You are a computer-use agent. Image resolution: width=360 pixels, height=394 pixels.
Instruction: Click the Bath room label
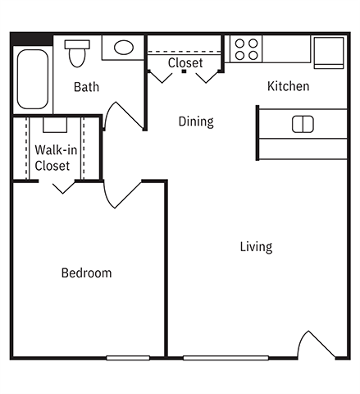(87, 87)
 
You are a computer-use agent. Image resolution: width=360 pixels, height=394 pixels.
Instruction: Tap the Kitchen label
(288, 86)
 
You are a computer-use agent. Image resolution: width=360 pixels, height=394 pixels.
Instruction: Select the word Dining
(196, 121)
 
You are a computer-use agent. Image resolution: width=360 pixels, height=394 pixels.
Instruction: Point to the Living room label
(256, 246)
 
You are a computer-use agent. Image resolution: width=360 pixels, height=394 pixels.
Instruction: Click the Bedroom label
(86, 273)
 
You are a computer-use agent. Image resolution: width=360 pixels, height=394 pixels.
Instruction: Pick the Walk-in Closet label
(52, 158)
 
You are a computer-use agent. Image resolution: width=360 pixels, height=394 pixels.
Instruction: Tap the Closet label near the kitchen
(185, 63)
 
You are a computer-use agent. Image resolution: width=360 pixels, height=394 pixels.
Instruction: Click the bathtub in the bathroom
(33, 80)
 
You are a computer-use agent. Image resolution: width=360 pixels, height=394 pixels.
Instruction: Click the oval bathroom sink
(124, 48)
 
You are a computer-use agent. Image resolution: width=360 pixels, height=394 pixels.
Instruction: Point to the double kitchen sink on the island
(303, 124)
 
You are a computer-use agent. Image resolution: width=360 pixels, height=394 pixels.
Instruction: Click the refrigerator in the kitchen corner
(330, 51)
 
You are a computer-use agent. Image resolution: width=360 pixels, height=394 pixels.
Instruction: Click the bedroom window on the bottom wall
(128, 357)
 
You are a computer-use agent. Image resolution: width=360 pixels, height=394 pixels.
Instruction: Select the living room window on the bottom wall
(226, 357)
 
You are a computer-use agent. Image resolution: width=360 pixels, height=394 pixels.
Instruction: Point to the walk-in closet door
(62, 186)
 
